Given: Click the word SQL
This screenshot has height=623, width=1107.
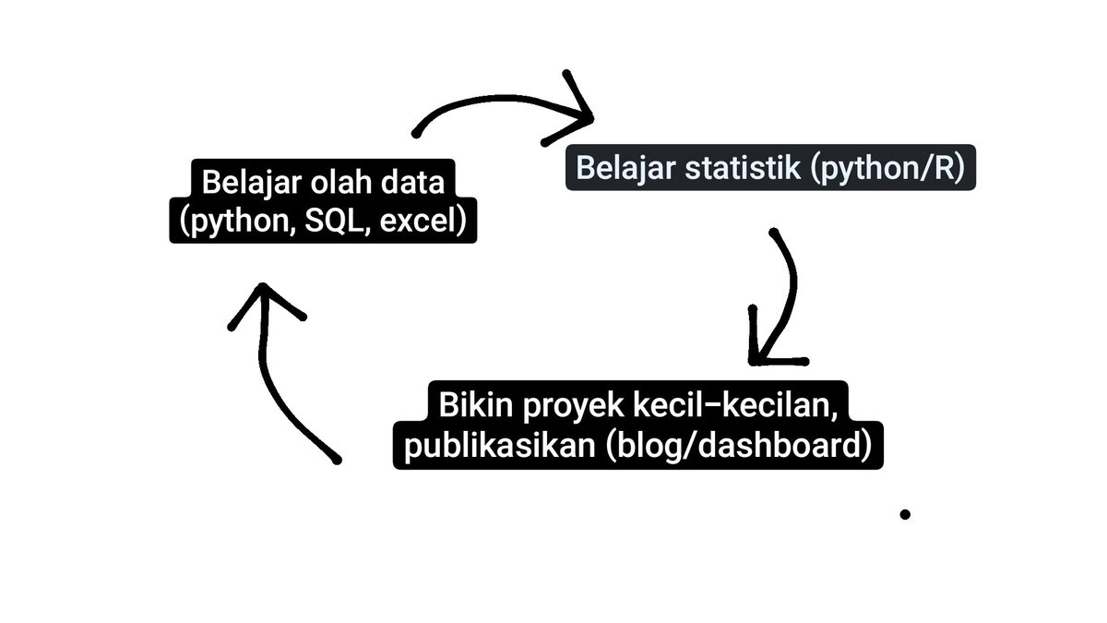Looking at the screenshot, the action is pyautogui.click(x=328, y=222).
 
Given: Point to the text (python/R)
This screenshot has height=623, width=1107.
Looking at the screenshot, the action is pyautogui.click(x=889, y=169).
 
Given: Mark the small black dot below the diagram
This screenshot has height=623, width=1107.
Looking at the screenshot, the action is pyautogui.click(x=905, y=514).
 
